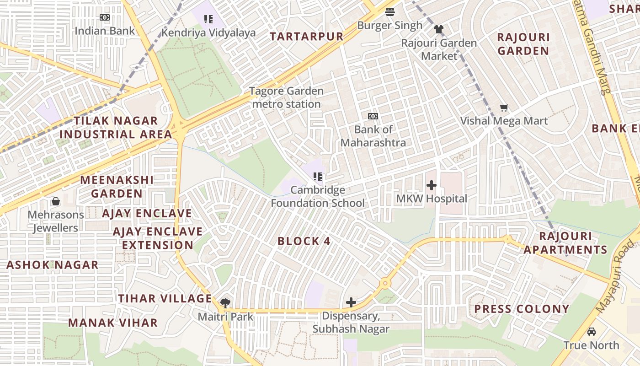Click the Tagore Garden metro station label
[x=287, y=97]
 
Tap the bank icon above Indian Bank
[x=105, y=17]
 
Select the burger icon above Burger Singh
[x=389, y=11]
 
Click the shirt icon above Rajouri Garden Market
[x=439, y=29]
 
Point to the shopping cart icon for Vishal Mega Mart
[x=504, y=108]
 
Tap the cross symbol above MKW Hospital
[x=431, y=185]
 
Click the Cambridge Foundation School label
[x=318, y=196]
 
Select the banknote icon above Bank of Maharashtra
[x=373, y=116]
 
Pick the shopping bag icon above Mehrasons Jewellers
[x=56, y=201]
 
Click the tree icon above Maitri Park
[x=225, y=303]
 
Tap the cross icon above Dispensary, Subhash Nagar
[x=351, y=302]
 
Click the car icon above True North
[x=592, y=332]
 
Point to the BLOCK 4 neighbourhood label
[x=304, y=241]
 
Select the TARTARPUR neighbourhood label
[x=306, y=37]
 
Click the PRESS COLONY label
[x=522, y=309]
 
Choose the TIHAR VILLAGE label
[x=165, y=299]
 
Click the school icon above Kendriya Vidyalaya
[x=208, y=19]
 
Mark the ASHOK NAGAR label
[x=53, y=265]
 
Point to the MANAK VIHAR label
[x=113, y=323]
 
